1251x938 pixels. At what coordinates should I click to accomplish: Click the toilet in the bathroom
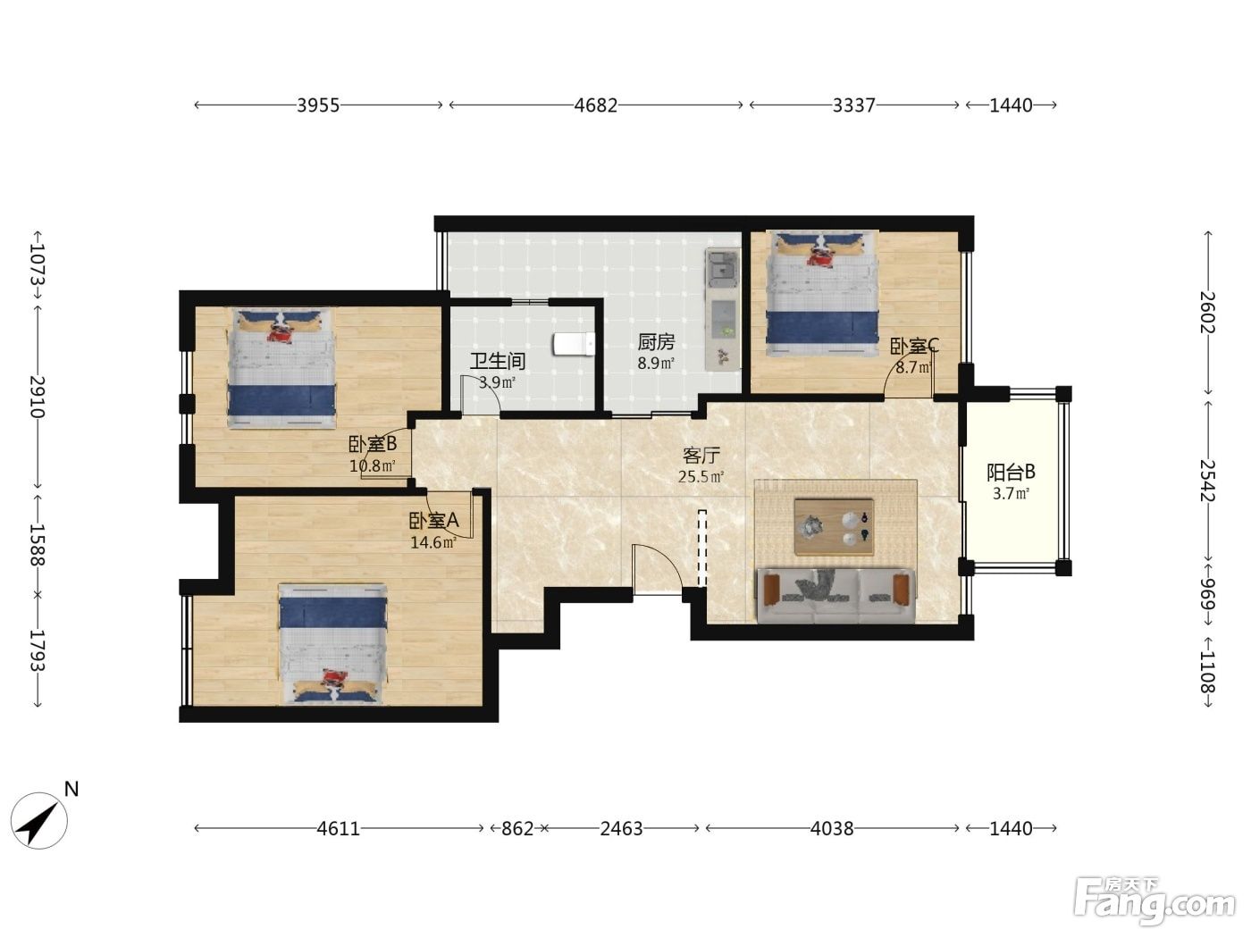[x=574, y=345]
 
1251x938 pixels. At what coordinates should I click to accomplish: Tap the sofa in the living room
[x=835, y=595]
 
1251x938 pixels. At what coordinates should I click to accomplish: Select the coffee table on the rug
[x=834, y=527]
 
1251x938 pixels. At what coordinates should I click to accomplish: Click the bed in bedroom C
[x=822, y=293]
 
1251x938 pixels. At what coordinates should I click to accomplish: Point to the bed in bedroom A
[x=332, y=643]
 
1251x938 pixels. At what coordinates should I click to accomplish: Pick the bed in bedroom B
[x=282, y=368]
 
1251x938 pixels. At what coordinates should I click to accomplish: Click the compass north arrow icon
[x=38, y=821]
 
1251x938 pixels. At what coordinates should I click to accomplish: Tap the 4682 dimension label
[x=596, y=105]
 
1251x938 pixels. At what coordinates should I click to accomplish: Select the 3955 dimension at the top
[x=318, y=105]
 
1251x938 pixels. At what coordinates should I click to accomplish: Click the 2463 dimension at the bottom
[x=621, y=828]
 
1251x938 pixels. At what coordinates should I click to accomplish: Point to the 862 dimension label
[x=517, y=828]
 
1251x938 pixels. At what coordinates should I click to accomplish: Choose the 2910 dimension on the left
[x=38, y=397]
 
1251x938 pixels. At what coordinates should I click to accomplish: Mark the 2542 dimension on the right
[x=1208, y=481]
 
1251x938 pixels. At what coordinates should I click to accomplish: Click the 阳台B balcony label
[x=1011, y=473]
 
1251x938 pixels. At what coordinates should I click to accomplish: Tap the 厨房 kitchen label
[x=656, y=342]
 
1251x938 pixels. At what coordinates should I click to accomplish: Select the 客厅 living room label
[x=701, y=455]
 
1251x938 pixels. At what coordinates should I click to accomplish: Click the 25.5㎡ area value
[x=701, y=477]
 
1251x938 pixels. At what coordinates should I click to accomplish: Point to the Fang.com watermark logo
[x=1154, y=902]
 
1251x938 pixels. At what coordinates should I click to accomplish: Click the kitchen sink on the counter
[x=722, y=269]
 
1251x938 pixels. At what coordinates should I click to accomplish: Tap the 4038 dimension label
[x=832, y=828]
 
